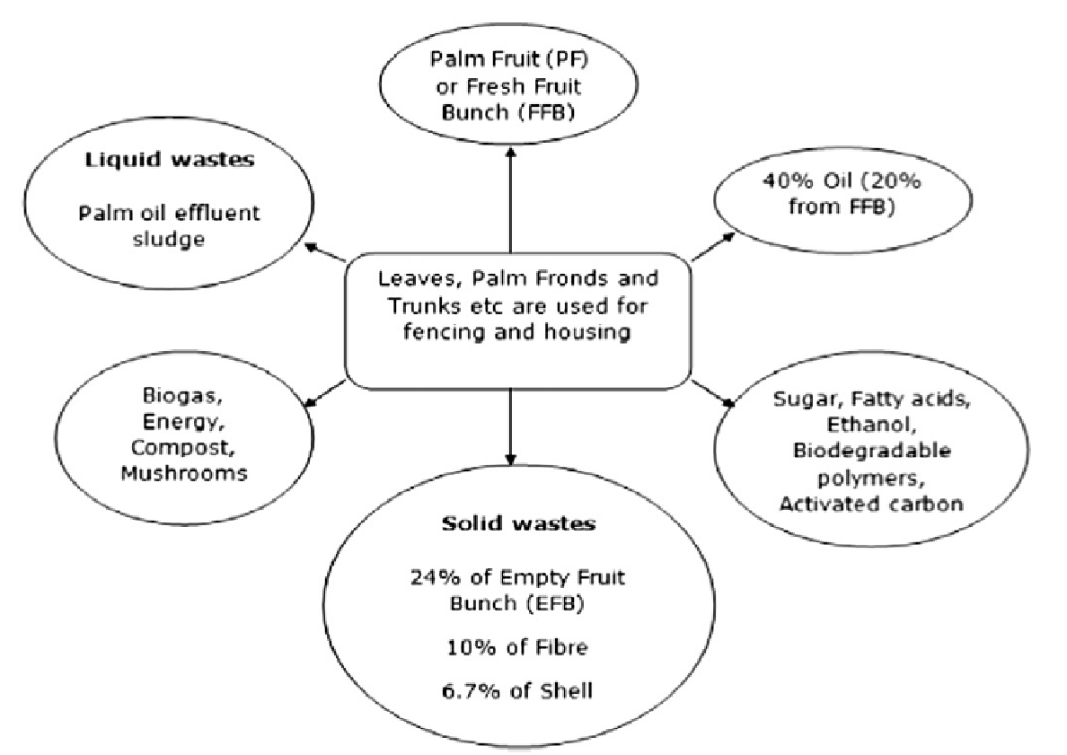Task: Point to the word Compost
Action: (x=169, y=447)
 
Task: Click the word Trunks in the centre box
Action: (x=415, y=305)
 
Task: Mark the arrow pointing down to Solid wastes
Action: (x=510, y=431)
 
